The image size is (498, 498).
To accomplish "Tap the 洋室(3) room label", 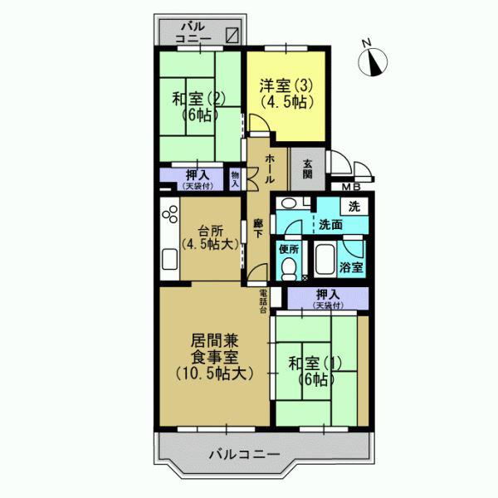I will coord(285,93).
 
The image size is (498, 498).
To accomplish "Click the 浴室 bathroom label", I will coord(352,268).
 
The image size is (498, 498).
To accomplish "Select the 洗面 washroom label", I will coord(331,225).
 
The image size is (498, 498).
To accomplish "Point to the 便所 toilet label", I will coord(289,247).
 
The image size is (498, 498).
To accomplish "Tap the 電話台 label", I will coord(263,300).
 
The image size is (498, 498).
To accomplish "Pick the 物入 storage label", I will coord(235,179).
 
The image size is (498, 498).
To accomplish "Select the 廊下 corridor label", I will coord(259,228).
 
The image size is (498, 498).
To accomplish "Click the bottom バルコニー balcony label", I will coord(243,454).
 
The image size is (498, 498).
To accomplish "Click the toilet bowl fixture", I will coord(288,268).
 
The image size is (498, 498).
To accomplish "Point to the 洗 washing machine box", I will coord(354,205).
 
